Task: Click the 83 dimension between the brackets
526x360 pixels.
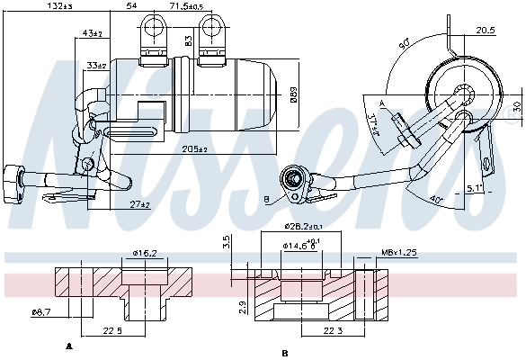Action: (188, 40)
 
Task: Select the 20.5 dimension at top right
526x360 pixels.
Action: (485, 30)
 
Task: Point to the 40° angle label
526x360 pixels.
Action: (435, 198)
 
